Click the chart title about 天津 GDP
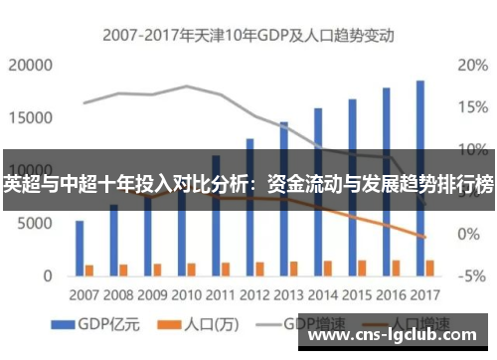tap(248, 35)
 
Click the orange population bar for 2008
tap(123, 269)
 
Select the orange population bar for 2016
tap(396, 267)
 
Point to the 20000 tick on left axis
tap(30, 66)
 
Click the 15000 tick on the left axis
tap(30, 117)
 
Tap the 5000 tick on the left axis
tap(34, 224)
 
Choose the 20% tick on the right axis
tap(470, 66)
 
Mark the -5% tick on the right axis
tap(470, 275)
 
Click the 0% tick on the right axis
tap(470, 234)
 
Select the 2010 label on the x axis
tap(186, 295)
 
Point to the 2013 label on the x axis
tap(288, 295)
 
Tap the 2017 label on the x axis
tap(424, 295)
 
